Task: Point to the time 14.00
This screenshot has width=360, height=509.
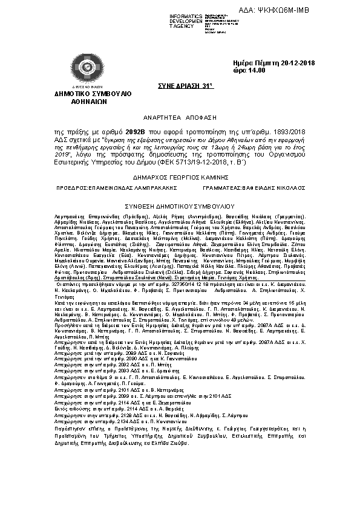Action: pyautogui.click(x=254, y=71)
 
